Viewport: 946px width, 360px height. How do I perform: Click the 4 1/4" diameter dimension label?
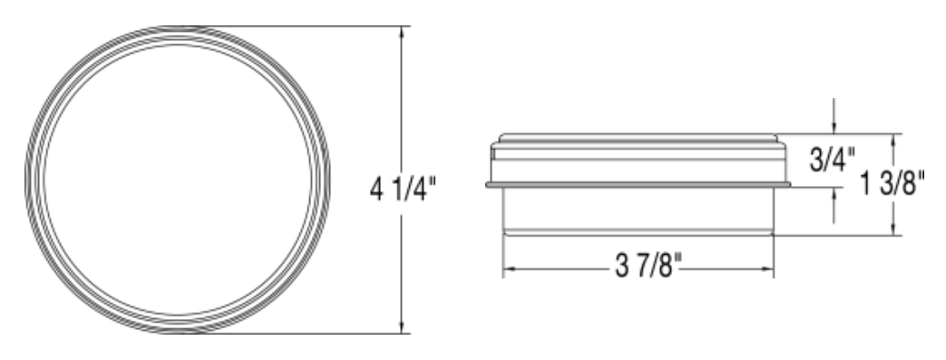coord(403,190)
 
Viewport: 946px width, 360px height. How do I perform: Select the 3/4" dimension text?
coord(832,160)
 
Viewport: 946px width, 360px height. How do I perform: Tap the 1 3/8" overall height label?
coord(892,182)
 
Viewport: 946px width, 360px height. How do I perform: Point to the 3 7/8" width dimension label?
coord(648,266)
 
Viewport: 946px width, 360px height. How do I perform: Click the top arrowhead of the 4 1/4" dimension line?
coord(402,32)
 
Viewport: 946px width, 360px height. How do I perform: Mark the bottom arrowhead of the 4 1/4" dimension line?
coord(402,327)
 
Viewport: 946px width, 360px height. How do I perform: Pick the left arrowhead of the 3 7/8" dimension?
coord(509,269)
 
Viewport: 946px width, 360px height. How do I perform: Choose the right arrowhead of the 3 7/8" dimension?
coord(767,269)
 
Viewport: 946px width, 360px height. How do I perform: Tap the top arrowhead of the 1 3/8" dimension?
coord(892,140)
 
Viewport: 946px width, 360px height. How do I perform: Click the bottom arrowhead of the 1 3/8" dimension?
coord(892,229)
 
